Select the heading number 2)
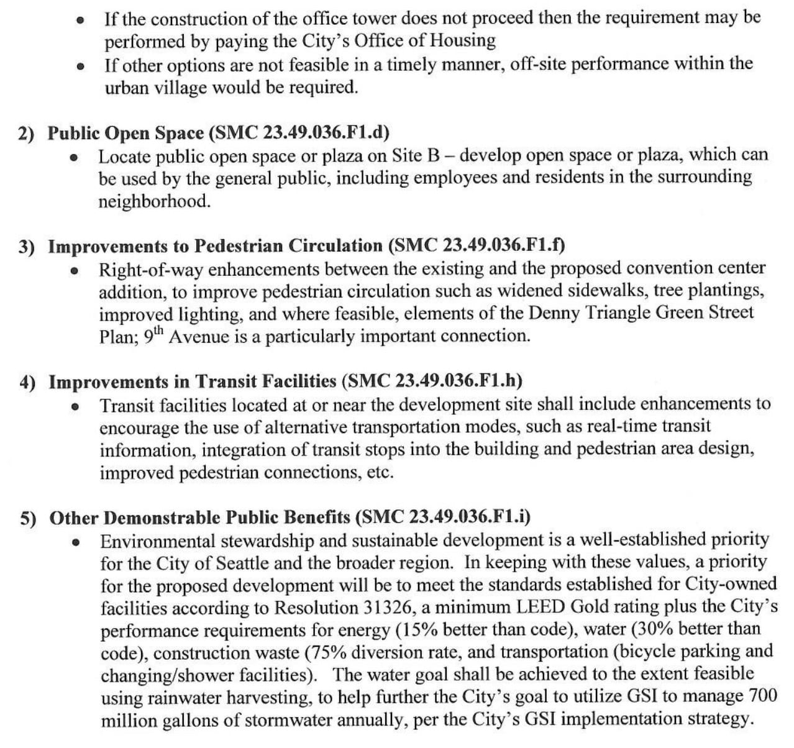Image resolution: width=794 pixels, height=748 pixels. pyautogui.click(x=27, y=134)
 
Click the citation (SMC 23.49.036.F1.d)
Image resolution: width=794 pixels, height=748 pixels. pyautogui.click(x=299, y=132)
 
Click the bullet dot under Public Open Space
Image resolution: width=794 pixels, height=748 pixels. pyautogui.click(x=74, y=157)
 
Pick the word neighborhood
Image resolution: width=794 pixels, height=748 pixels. pyautogui.click(x=154, y=201)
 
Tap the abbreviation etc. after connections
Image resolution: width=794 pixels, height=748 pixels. pyautogui.click(x=380, y=472)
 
